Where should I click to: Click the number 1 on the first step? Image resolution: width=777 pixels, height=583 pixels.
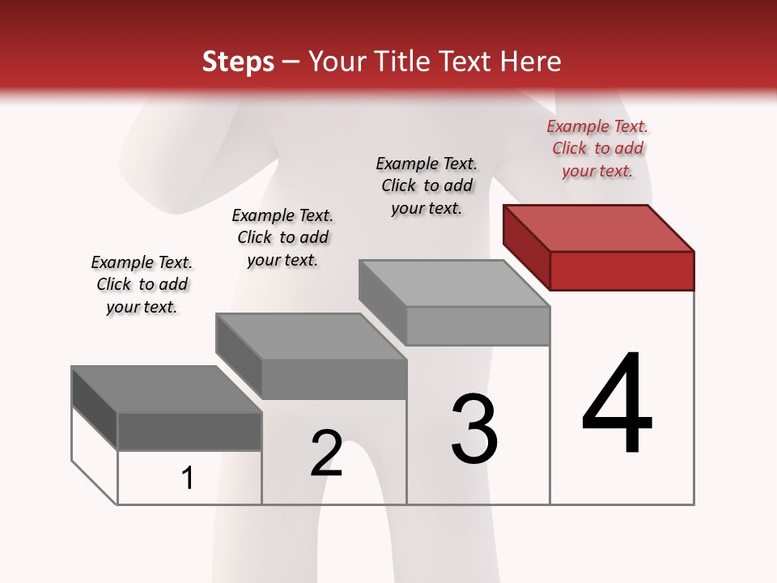point(188,479)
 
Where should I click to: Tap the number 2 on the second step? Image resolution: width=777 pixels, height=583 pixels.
point(327,453)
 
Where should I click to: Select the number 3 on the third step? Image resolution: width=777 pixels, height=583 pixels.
point(474,429)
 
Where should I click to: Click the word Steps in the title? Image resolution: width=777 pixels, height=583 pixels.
point(238,62)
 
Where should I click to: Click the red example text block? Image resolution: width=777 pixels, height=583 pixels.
point(597,148)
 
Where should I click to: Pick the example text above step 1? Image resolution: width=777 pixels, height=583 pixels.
point(142,284)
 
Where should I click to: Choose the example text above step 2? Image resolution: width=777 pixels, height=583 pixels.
point(282,237)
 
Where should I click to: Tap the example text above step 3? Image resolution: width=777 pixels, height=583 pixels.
point(427,185)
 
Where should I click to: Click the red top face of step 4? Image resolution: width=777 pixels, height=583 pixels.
point(599,228)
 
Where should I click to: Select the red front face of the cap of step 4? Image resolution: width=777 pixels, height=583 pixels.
point(622,270)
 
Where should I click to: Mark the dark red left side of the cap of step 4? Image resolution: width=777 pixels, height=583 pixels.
point(527,246)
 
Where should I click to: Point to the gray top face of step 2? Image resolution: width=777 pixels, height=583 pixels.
point(312,336)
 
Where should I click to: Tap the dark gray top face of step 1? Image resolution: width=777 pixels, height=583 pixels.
point(167,389)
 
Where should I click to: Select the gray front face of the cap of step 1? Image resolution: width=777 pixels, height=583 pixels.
point(189,432)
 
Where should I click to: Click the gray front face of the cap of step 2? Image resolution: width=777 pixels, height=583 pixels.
point(333,379)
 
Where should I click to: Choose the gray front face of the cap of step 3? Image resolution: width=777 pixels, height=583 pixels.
point(478,326)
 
